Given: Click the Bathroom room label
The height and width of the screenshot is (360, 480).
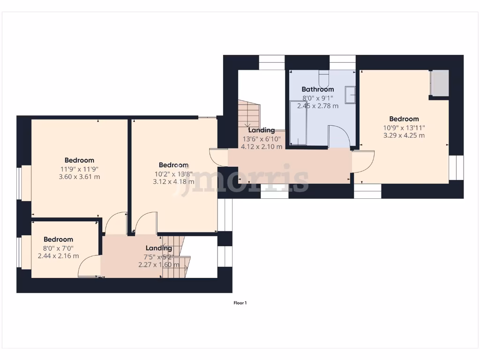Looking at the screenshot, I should [317, 89].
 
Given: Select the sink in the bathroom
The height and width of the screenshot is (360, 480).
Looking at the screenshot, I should [350, 95].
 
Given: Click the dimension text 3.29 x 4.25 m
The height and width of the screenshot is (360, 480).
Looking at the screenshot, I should [404, 135].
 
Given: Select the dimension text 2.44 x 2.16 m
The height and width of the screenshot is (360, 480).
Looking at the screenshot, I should [58, 256].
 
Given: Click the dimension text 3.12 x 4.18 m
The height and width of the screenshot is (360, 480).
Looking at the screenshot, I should [173, 181].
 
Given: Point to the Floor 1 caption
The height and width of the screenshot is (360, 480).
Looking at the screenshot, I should [240, 303].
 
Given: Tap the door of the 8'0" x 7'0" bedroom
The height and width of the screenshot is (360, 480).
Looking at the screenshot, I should [89, 266].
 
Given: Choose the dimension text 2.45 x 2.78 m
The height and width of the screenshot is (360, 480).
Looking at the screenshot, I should [317, 105].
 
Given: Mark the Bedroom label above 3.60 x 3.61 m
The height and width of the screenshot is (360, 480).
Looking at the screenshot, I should [79, 160].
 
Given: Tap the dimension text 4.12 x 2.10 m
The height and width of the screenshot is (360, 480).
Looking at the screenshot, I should [261, 146].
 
